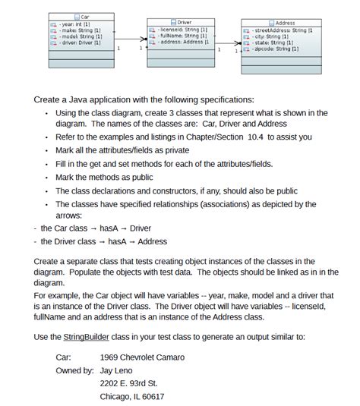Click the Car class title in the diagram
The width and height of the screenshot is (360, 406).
tap(85, 17)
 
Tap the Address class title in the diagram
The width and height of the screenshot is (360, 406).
tap(285, 24)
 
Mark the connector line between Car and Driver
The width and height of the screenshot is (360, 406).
tap(130, 43)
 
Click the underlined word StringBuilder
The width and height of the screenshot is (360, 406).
tap(88, 336)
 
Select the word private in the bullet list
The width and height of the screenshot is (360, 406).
tap(174, 150)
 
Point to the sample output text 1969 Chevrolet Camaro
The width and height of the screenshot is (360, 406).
tap(142, 357)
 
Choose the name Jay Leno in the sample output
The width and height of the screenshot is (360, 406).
tap(118, 370)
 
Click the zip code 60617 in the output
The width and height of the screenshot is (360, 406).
tap(152, 396)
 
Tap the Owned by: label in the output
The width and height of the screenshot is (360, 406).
tap(75, 370)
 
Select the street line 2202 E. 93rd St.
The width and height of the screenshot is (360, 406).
tap(129, 383)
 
